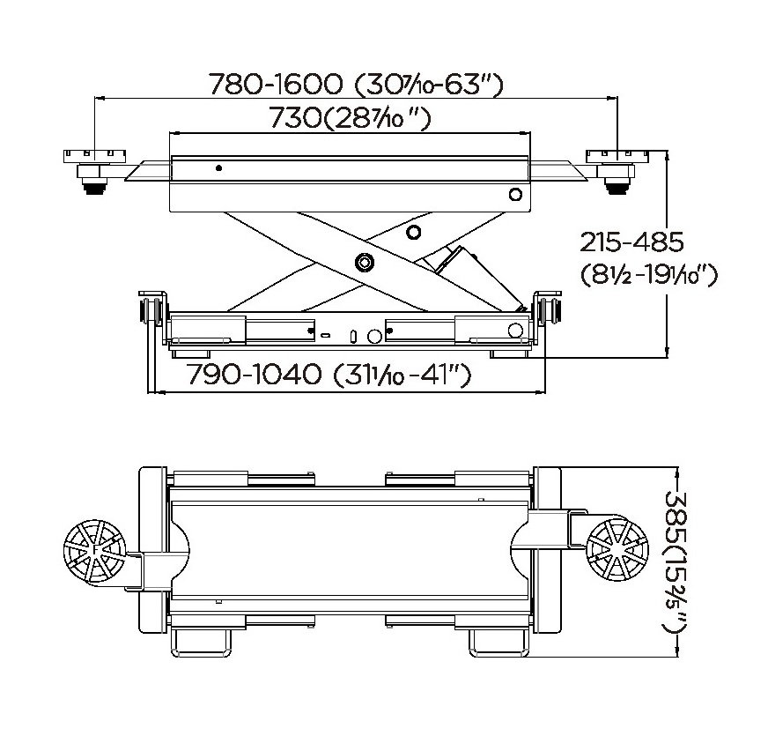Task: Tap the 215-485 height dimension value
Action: click(x=631, y=242)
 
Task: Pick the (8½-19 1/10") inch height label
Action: click(x=649, y=274)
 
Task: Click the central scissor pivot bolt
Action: click(x=364, y=262)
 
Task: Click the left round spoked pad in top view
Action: click(x=94, y=551)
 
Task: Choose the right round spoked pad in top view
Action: click(x=617, y=549)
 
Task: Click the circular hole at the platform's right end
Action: click(x=515, y=195)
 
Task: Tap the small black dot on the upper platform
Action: click(x=219, y=168)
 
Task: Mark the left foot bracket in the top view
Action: click(x=200, y=643)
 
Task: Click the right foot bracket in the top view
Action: click(x=499, y=643)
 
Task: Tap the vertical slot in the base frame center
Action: click(x=354, y=336)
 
